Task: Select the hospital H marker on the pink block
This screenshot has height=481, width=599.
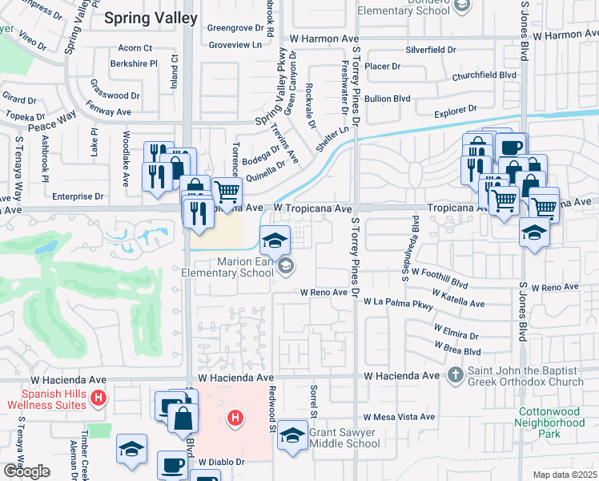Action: [235, 418]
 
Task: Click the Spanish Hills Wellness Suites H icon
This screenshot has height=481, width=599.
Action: [98, 398]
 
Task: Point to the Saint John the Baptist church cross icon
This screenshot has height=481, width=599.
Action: [455, 374]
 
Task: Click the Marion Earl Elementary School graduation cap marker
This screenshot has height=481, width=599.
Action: [274, 238]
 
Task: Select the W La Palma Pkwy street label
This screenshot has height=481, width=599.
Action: [398, 303]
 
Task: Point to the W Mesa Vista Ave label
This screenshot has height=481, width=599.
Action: [399, 417]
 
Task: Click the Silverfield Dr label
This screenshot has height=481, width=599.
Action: [430, 50]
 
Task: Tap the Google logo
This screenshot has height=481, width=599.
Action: [26, 471]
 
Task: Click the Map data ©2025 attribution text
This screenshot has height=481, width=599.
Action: [565, 475]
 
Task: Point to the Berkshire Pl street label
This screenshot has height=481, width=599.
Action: [135, 63]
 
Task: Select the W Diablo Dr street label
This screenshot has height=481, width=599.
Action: [221, 462]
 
